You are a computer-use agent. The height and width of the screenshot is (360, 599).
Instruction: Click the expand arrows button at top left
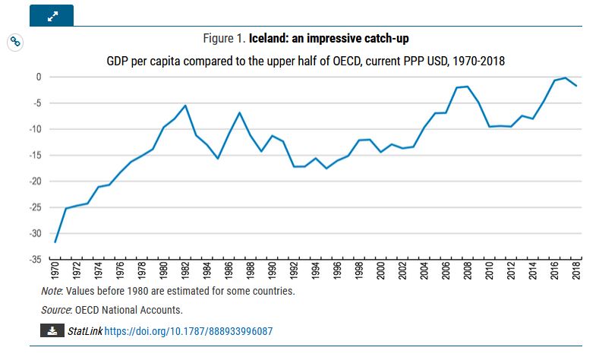[x=52, y=15]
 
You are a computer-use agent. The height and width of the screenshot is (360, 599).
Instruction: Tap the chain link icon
[x=14, y=42]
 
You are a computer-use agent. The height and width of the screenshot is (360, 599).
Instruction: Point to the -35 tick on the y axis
[x=36, y=260]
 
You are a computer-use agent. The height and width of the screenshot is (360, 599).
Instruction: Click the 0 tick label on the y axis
[x=39, y=77]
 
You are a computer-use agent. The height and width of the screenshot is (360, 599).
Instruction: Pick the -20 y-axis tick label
[x=36, y=182]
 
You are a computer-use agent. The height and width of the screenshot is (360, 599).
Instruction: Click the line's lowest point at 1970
[x=55, y=242]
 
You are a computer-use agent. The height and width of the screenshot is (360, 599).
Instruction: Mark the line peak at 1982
[x=185, y=106]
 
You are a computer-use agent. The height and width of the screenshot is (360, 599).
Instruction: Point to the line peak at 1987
[x=239, y=112]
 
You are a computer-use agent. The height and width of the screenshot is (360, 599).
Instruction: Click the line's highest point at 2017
[x=566, y=77]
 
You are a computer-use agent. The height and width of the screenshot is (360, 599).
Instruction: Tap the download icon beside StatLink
[x=51, y=331]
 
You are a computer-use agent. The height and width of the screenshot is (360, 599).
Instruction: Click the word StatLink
[x=84, y=331]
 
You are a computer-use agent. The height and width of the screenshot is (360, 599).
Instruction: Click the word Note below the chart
[x=52, y=291]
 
